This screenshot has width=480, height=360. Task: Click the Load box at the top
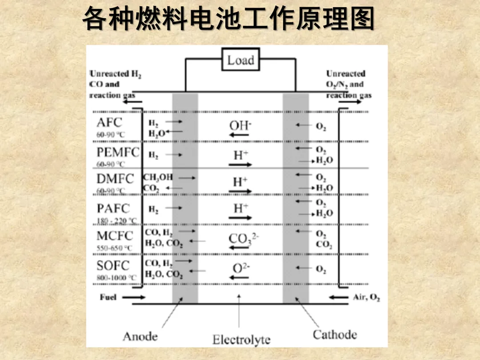coord(240,60)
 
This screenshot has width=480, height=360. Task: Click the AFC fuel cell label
coord(109,122)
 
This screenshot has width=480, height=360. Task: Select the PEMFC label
coord(118,152)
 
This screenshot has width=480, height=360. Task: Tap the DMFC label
coord(115,179)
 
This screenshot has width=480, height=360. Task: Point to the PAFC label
coord(113,208)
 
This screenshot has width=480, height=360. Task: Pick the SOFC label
coord(113,266)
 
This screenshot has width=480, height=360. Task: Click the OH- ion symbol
coord(240,126)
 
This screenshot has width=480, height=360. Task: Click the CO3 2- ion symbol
coord(243,239)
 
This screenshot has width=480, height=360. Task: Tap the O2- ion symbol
coord(241,268)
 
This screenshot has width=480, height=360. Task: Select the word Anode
coord(140,336)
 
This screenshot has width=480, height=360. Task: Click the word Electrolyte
coord(241,340)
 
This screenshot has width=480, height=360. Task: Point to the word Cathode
coord(335,334)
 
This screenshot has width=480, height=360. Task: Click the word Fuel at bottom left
coord(108,297)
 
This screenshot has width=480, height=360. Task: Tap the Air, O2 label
coord(366,297)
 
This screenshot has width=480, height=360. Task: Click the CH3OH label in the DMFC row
coord(158,177)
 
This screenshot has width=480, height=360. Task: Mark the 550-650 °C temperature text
coord(115,248)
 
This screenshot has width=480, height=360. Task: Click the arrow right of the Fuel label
coord(133,297)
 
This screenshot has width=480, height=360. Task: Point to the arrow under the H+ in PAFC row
coord(240,218)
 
